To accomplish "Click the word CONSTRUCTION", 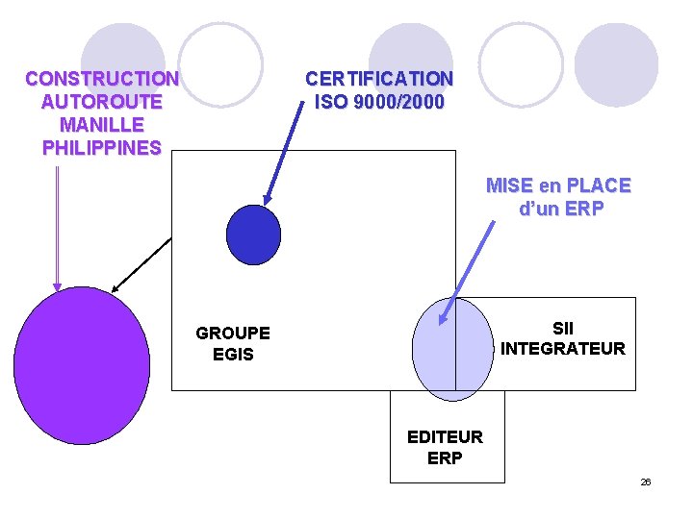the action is [x=101, y=78].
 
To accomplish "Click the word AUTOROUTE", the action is [x=101, y=101].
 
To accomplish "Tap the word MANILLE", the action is [x=101, y=125].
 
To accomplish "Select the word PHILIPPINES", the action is [x=101, y=148].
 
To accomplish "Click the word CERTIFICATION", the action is [x=378, y=78].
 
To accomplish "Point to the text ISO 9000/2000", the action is [x=379, y=101].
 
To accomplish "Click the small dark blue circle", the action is [x=253, y=235].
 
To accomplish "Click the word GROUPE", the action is [x=233, y=334].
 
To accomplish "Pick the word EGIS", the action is [x=233, y=355].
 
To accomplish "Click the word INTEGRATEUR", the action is [x=563, y=348].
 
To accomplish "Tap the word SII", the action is [x=563, y=327].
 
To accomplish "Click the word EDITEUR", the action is [x=445, y=437].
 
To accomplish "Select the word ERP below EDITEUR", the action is [x=445, y=458].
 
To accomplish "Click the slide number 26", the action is [x=646, y=482].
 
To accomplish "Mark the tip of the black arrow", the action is [x=114, y=289].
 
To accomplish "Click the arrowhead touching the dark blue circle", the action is [x=268, y=202].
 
